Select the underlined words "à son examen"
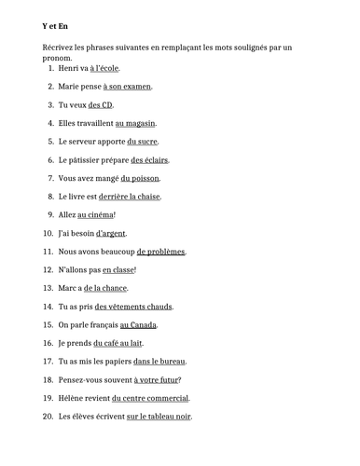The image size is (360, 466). pyautogui.click(x=127, y=87)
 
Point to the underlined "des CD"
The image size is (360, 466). pyautogui.click(x=101, y=105)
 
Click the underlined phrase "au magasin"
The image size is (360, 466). pyautogui.click(x=135, y=123)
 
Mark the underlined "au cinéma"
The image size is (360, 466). pyautogui.click(x=95, y=214)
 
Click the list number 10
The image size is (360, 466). pyautogui.click(x=48, y=233)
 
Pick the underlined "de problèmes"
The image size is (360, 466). pyautogui.click(x=160, y=252)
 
